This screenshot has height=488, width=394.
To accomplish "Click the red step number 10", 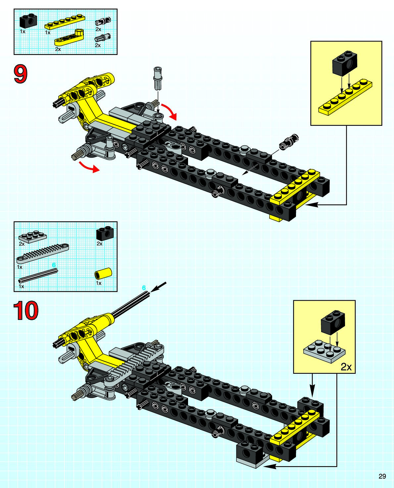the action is pos(26,311).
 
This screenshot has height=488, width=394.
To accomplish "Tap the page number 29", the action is pos(382,476).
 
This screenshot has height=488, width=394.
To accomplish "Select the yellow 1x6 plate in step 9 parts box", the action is pos(65,22).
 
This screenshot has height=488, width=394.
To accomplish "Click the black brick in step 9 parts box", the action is pos(28,21).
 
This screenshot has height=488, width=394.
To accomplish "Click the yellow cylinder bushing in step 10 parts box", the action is pos(103,274).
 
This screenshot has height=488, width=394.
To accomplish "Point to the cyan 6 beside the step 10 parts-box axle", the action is pos(54,265).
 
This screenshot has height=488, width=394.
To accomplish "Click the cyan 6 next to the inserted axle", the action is pos(144,288).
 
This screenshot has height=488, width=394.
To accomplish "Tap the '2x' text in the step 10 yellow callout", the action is pos(346,366).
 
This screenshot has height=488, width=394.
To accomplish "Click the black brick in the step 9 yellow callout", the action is pos(345,63).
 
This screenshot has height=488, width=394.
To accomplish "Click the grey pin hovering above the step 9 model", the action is pos(158,78).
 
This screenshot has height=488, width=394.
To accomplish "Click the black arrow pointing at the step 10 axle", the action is pos(159,287).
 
